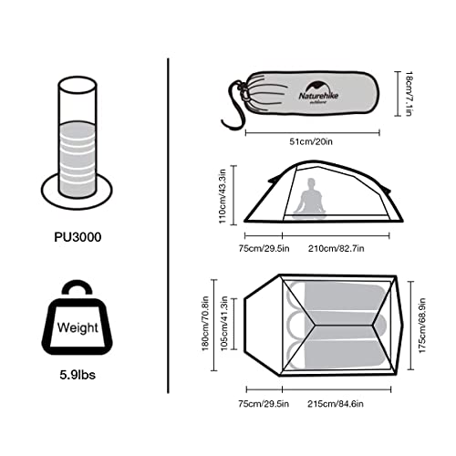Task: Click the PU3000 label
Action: tap(78, 237)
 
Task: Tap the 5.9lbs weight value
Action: tap(78, 375)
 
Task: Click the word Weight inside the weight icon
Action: tap(78, 327)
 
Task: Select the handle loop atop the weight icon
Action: tap(77, 283)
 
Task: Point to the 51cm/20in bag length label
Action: tap(311, 142)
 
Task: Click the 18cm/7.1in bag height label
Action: tap(409, 94)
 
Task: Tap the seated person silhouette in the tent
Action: tap(309, 198)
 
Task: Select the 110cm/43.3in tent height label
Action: tap(223, 196)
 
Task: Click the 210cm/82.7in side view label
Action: tap(337, 249)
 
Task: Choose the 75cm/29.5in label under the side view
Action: tap(264, 249)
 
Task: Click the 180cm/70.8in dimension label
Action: tap(206, 324)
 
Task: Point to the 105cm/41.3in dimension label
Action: tap(224, 324)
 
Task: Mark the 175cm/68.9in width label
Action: tap(422, 326)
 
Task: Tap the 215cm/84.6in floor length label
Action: tap(336, 404)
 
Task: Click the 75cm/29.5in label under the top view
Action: tap(264, 404)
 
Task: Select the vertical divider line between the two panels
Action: tap(168, 226)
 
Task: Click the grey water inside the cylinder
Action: tap(78, 158)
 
